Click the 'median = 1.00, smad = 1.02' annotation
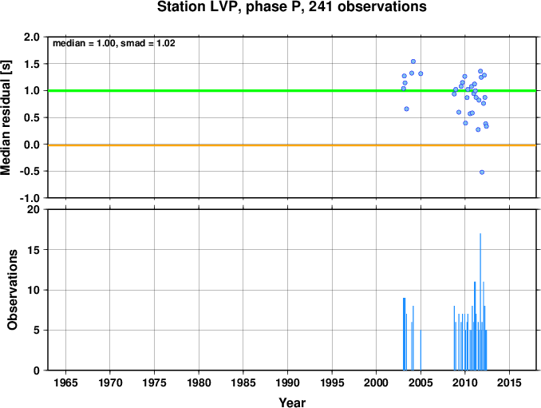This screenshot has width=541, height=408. point(114,43)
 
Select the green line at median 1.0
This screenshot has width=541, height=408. point(292,91)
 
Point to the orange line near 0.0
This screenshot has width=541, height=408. point(292,145)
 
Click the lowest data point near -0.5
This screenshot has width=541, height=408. point(482,172)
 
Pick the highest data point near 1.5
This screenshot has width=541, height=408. point(413,61)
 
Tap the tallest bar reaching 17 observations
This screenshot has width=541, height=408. point(480,302)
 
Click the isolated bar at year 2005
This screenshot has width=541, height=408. point(421,350)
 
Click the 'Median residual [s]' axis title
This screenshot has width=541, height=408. point(6,117)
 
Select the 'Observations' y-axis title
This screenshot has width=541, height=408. point(13,290)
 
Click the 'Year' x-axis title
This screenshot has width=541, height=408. point(292,402)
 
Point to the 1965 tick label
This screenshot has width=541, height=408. point(65,382)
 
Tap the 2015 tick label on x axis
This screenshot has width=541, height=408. point(510,382)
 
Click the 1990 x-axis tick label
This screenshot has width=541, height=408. point(288,382)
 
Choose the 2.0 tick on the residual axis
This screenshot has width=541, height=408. point(32,37)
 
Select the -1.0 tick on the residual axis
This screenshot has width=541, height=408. point(30,199)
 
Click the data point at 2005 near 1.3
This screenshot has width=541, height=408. point(421,73)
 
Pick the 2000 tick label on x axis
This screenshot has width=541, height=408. point(377,382)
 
